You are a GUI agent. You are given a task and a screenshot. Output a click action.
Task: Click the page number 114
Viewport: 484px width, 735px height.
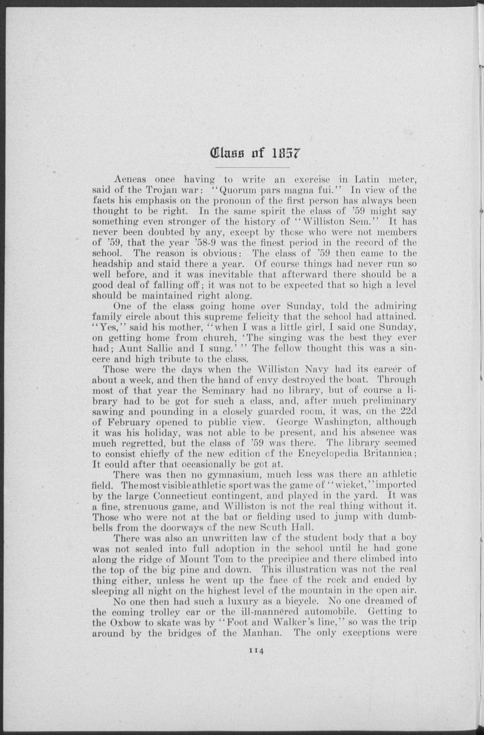coord(255,652)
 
